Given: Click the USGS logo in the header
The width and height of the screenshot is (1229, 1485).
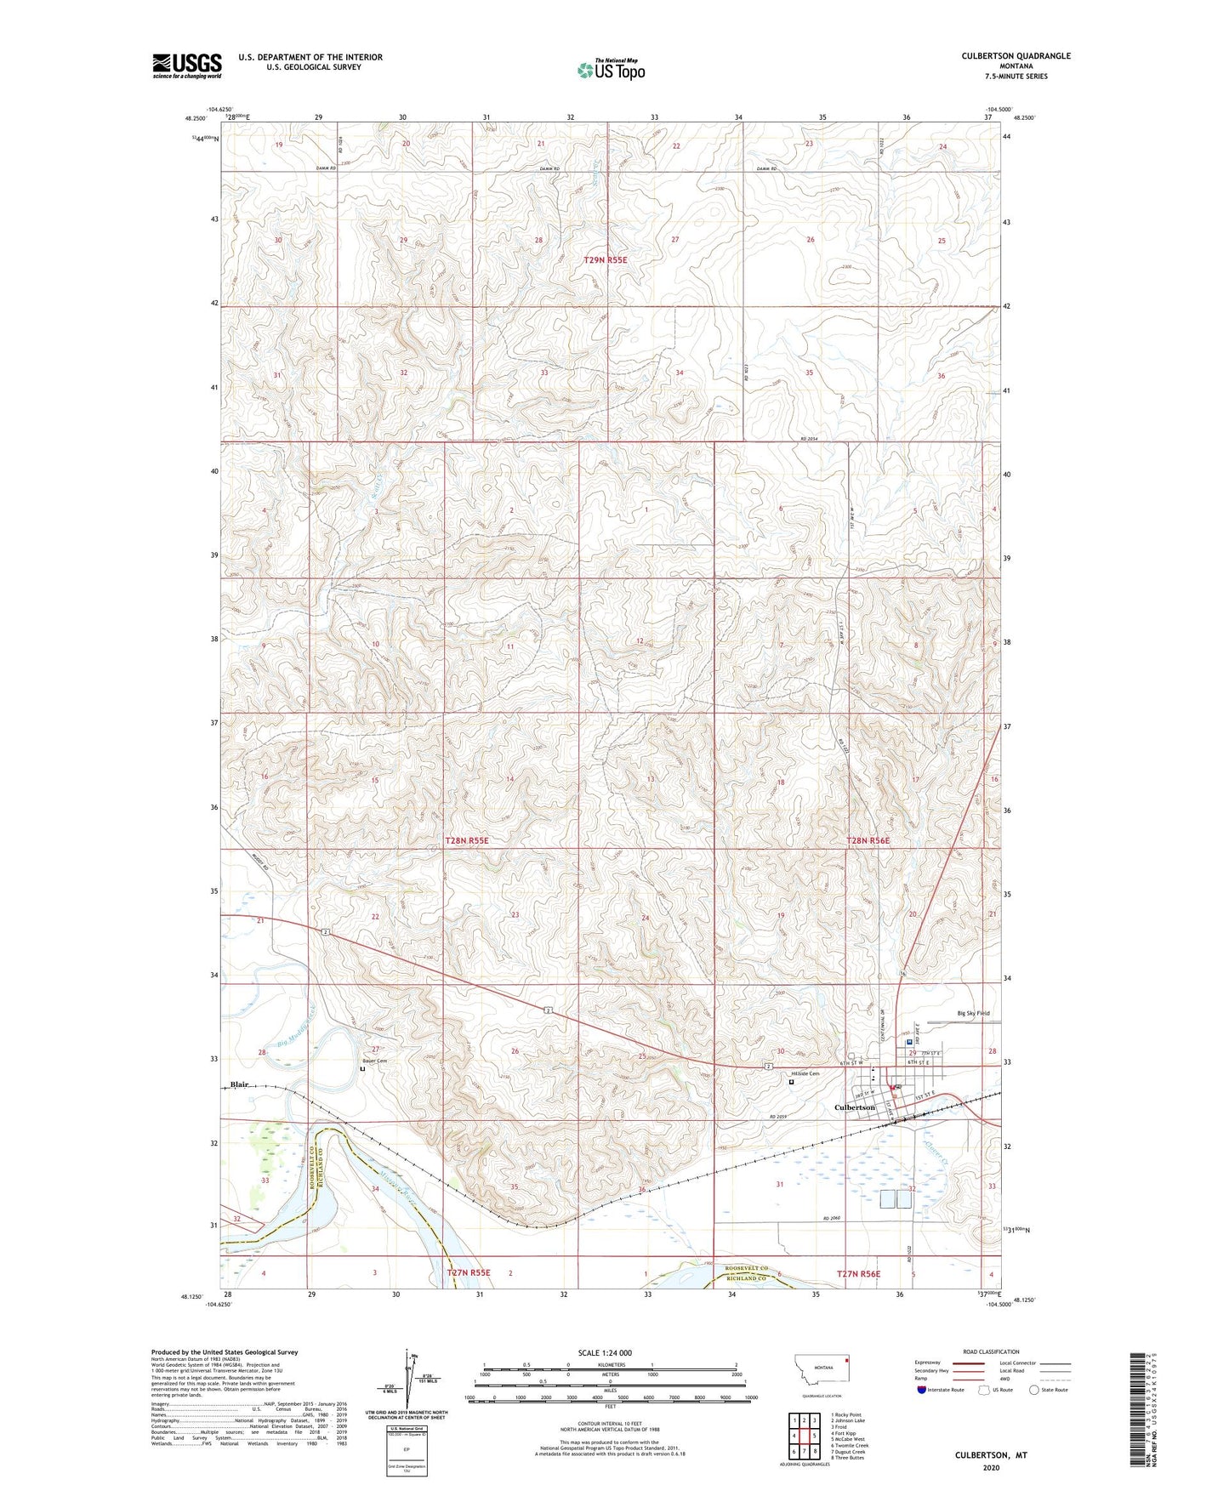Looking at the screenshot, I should coord(187,65).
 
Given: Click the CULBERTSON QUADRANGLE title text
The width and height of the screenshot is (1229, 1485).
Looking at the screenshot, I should coord(1016,56).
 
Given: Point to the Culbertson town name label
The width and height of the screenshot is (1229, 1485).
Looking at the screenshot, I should coord(854,1107).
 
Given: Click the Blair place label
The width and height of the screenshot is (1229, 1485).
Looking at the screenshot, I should coord(239,1084).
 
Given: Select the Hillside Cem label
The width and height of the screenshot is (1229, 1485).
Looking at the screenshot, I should coord(805,1073).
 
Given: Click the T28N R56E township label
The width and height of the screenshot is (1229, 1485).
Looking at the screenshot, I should coord(868,840).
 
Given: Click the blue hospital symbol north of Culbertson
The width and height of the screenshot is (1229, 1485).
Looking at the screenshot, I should coord(909,1042).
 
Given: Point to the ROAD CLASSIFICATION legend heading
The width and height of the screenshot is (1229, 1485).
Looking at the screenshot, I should coord(990,1351).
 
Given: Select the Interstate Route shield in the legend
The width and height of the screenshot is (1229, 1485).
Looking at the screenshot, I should coord(923,1390).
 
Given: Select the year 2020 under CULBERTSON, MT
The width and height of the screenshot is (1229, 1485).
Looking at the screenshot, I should coord(990,1467).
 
